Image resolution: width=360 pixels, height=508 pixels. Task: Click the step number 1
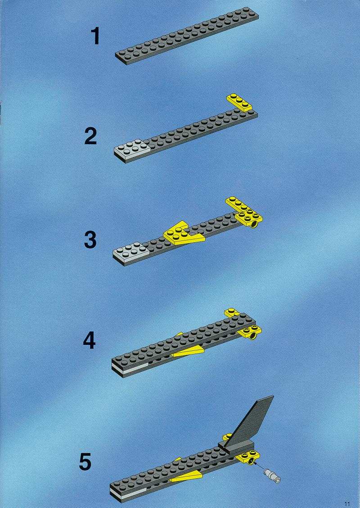pyautogui.click(x=95, y=36)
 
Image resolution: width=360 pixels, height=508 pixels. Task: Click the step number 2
pyautogui.click(x=90, y=136)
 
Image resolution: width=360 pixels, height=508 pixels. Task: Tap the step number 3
pyautogui.click(x=90, y=240)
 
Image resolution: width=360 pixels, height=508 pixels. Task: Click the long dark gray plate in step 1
pyautogui.click(x=187, y=36)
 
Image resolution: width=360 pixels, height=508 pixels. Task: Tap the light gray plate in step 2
pyautogui.click(x=132, y=150)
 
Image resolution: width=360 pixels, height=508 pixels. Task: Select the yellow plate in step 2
pyautogui.click(x=240, y=102)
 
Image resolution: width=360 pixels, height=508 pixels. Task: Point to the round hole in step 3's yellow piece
pyautogui.click(x=254, y=224)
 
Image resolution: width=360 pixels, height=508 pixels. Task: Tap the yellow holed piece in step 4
pyautogui.click(x=249, y=332)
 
